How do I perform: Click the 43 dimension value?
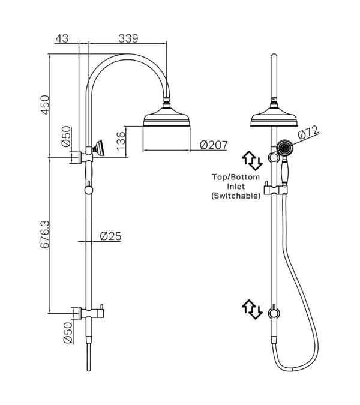pos(61,38)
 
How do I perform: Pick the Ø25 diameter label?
pos(110,236)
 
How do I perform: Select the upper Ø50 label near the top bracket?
pos(66,137)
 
